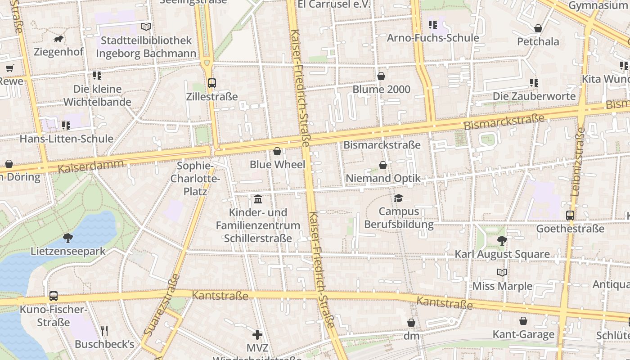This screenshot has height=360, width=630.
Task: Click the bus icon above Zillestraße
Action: [212, 83]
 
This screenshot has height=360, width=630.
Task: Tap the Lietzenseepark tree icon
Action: [68, 238]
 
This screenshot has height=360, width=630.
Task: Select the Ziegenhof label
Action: [58, 52]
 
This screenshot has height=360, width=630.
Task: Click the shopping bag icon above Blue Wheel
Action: [277, 151]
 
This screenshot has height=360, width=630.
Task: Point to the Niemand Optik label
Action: [383, 178]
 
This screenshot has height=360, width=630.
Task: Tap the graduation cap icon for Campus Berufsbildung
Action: [398, 198]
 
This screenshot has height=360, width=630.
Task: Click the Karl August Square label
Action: [502, 254]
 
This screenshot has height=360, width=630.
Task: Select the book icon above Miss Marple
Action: [502, 273]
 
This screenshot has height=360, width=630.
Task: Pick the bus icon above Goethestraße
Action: [570, 215]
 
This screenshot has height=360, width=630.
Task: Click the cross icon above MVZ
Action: [257, 334]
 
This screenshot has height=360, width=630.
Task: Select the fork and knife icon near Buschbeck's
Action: [104, 331]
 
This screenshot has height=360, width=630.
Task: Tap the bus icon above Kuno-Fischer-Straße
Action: [54, 296]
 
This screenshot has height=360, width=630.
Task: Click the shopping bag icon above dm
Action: [411, 323]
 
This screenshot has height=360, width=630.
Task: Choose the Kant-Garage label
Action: [523, 334]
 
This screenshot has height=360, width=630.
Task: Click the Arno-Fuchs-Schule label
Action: [433, 38]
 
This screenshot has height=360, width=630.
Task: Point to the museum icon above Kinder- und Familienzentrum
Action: [258, 199]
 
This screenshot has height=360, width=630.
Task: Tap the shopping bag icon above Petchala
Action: [538, 29]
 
